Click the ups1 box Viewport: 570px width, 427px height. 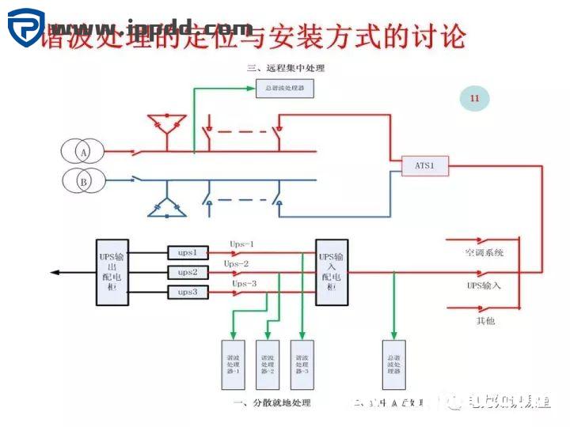[188, 252]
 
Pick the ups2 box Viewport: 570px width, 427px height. [188, 272]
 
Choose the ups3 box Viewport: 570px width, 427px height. [188, 293]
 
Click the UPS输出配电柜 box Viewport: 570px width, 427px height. [112, 272]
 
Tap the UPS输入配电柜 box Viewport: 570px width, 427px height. [331, 272]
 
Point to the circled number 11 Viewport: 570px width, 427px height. [474, 98]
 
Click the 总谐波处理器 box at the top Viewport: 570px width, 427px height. [285, 89]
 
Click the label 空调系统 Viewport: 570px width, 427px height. [484, 253]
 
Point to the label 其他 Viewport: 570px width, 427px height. [485, 321]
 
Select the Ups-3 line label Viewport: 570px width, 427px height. [244, 283]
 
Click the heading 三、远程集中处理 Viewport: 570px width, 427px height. [286, 68]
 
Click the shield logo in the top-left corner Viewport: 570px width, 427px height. [25, 28]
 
